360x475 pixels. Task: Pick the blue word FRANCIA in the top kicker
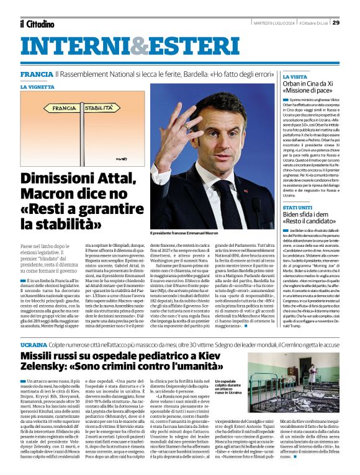pyautogui.click(x=36, y=74)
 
